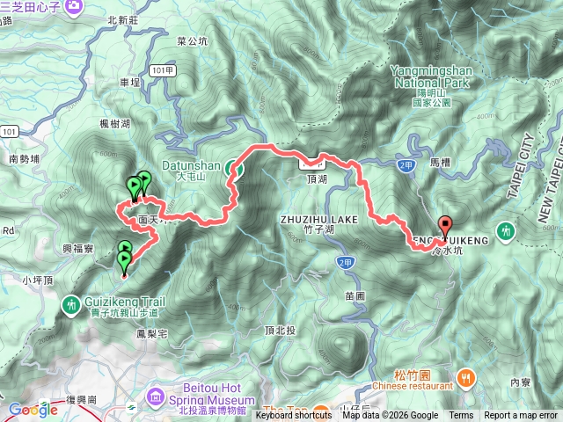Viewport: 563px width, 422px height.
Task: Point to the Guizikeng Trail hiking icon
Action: tap(69, 304)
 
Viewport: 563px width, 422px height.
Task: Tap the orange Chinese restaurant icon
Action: tap(466, 378)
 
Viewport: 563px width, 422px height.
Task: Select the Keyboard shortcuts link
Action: tap(294, 416)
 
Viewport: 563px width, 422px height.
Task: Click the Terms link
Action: tap(461, 416)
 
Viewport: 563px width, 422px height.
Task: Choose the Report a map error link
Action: tap(521, 416)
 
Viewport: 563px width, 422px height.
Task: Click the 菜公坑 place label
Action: tap(192, 40)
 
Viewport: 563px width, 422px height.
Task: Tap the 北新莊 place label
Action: tap(123, 20)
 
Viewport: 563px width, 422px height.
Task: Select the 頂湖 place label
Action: tap(318, 178)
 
